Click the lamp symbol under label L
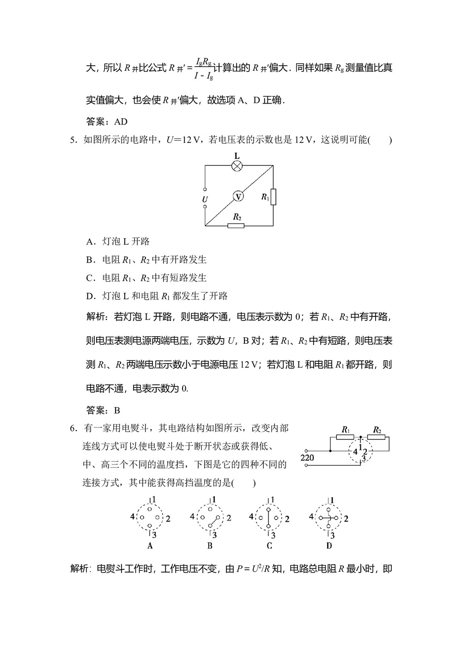point(237,167)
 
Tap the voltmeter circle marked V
point(238,197)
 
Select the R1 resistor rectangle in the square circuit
point(273,197)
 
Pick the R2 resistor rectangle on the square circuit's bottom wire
point(236,226)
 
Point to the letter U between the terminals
point(205,199)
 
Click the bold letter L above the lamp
point(237,156)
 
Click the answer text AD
point(121,122)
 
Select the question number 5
point(72,140)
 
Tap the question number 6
point(72,428)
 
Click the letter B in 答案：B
point(117,410)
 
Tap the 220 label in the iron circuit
point(307,458)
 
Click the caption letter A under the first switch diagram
point(150,546)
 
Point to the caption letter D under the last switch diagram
point(329,546)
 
